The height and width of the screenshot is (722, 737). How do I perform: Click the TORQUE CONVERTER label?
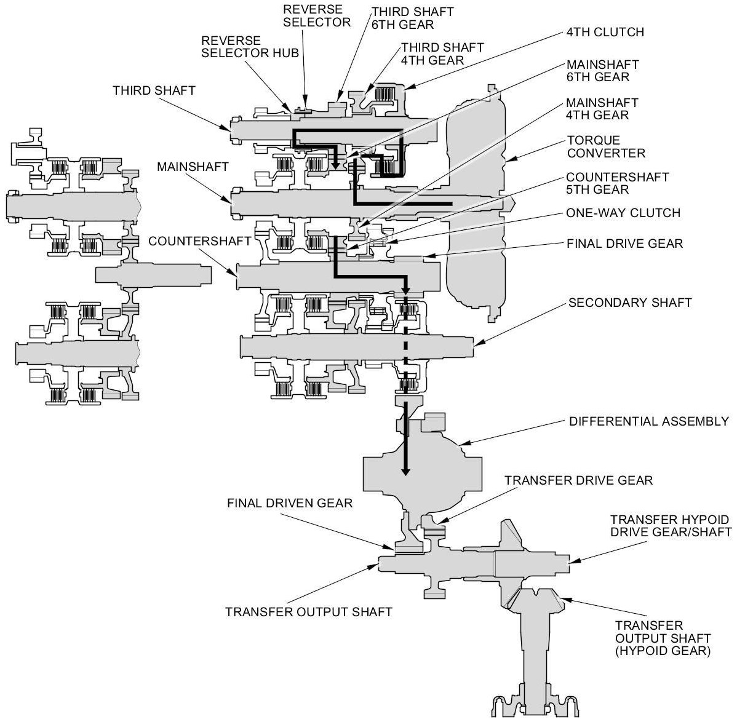(606, 146)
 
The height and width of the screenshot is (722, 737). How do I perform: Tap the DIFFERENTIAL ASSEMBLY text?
(648, 421)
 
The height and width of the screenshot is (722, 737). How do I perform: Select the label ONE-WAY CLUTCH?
(623, 213)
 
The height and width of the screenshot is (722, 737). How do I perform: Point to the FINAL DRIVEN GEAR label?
(290, 503)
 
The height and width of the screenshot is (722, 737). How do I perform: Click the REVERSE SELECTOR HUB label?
(250, 47)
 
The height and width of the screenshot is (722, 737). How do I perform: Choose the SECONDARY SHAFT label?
(630, 303)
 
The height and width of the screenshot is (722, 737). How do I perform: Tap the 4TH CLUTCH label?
(605, 33)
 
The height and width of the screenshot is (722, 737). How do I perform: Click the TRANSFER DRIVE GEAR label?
(579, 480)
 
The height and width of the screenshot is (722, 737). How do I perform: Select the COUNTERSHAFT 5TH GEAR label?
(617, 183)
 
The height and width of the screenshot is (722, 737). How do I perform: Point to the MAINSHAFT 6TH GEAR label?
(602, 71)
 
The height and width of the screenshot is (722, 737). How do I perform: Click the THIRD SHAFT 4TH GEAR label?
(442, 54)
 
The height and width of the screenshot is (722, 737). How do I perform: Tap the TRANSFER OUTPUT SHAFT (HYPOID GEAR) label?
(663, 638)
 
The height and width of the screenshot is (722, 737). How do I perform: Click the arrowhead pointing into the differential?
(405, 470)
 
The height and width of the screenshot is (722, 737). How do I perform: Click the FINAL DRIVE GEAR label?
(624, 244)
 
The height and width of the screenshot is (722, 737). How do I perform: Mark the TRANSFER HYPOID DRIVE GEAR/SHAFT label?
(671, 526)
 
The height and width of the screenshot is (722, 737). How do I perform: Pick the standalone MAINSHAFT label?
(193, 167)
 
